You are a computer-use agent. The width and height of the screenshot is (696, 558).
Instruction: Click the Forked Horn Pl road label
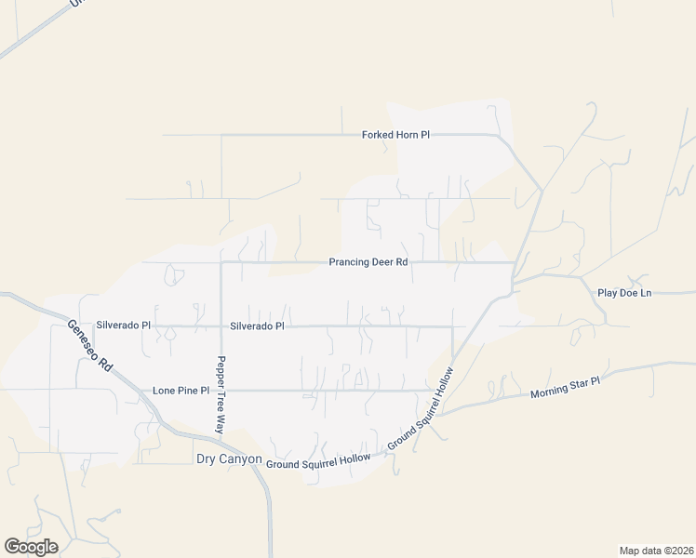tap(395, 135)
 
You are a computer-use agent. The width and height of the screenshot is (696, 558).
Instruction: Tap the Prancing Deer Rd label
tap(368, 262)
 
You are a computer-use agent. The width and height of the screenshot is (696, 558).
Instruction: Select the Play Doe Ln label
tap(624, 293)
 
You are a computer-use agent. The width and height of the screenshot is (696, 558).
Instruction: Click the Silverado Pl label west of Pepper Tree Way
tap(123, 326)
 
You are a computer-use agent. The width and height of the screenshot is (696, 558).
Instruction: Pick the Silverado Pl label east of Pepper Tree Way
tap(257, 326)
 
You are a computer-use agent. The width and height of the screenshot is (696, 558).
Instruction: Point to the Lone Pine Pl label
tap(181, 391)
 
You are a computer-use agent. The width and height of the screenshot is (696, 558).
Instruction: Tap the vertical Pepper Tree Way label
tap(221, 395)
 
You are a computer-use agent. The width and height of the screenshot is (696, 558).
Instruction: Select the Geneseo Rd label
tap(90, 346)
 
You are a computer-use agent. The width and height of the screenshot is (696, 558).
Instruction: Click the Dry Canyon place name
tap(228, 459)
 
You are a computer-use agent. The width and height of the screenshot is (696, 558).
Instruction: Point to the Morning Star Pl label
tap(566, 388)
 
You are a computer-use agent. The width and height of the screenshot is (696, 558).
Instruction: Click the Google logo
tap(31, 547)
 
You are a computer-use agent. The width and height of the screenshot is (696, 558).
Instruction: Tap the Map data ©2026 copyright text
tap(656, 550)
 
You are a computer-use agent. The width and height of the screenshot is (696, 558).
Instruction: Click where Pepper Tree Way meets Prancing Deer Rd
tap(221, 262)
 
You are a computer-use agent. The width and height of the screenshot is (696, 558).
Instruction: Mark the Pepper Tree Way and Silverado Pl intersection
tap(221, 326)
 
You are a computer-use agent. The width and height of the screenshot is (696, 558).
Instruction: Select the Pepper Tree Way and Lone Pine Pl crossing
tap(221, 391)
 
